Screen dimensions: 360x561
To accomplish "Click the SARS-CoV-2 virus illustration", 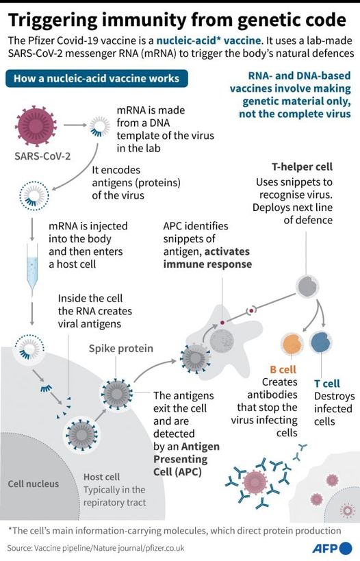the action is pos(36,125).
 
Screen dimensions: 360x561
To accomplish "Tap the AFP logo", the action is pos(333,548).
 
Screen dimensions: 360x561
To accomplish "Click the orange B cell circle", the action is pos(292,343).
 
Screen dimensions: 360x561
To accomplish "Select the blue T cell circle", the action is pos(321,342).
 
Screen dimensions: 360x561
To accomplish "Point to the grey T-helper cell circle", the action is pos(307,286).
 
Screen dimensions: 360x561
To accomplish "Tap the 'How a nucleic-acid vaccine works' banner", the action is pos(97,78).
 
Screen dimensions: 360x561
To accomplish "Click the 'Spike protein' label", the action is pos(121,348).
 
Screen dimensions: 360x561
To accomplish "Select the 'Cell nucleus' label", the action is pos(34,484).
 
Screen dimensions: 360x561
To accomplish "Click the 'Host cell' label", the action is pos(101,477).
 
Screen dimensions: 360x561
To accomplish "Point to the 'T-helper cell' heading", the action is pos(302,166).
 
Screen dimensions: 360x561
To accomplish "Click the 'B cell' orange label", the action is pos(283,369).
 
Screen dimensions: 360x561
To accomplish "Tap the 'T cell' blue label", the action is pos(326,384).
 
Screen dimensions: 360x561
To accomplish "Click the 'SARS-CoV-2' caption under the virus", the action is pos(42,156).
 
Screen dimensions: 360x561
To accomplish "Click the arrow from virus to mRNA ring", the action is pos(75,125).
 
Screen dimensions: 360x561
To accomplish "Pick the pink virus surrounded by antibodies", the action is pos(255,482).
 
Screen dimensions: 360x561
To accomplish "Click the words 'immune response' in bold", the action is pos(207,264).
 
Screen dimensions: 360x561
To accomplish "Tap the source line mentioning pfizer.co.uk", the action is pos(95,548).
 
